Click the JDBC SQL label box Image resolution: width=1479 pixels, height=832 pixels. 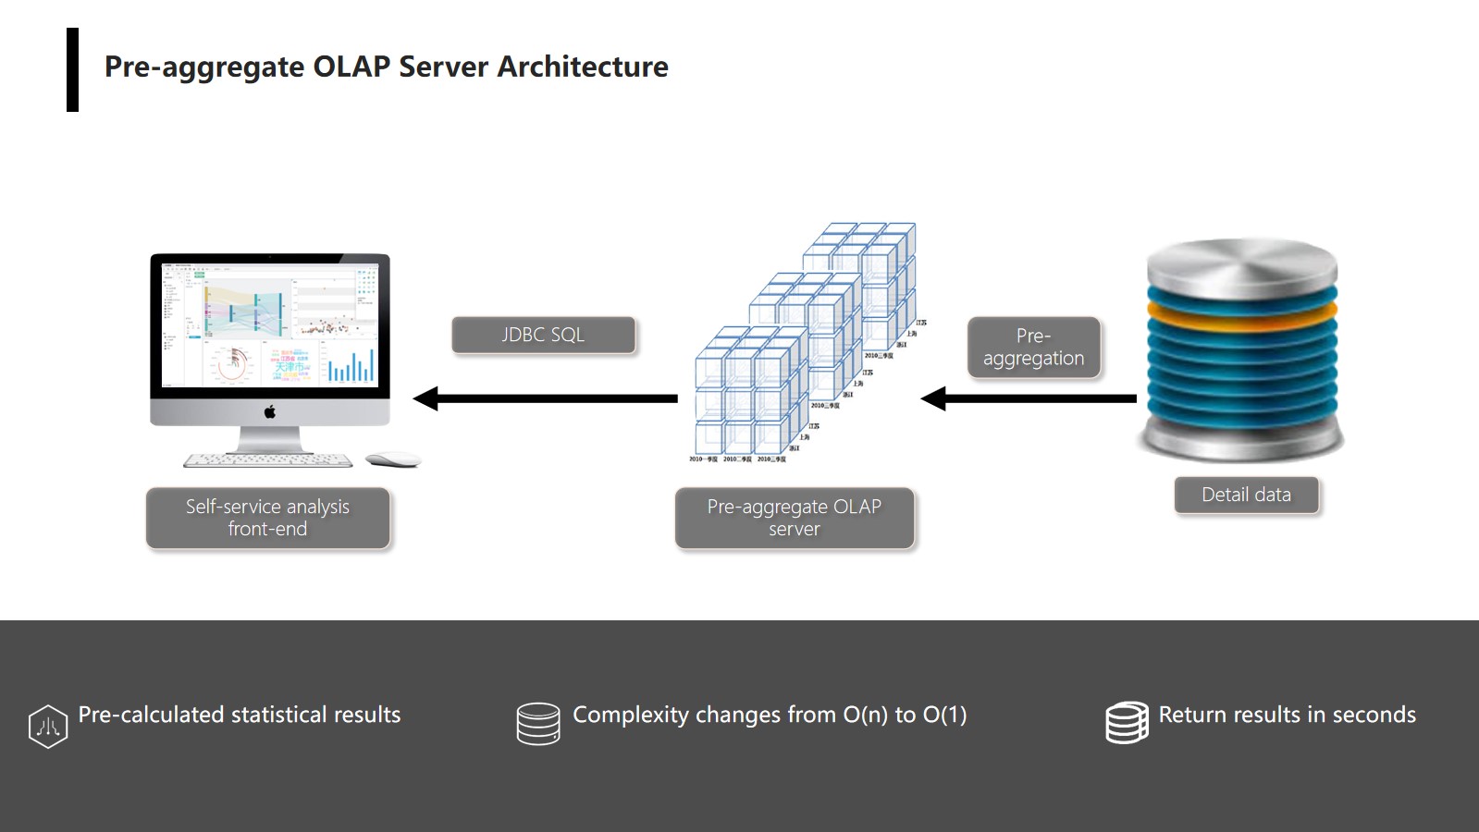[543, 335]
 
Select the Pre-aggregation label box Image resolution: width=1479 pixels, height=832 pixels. [1033, 347]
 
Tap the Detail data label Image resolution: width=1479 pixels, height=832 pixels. [1246, 495]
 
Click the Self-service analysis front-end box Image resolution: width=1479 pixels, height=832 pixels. [267, 518]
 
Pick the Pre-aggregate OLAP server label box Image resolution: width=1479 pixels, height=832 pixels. [794, 518]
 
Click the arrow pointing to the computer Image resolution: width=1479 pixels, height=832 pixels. [546, 398]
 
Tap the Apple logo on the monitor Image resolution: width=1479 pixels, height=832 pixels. [270, 411]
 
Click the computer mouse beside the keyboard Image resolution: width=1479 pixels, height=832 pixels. [392, 459]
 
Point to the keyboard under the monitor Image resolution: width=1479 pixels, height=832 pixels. [267, 459]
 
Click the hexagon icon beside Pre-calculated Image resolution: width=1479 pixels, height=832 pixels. [48, 726]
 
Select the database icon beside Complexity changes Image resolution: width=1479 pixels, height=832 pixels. [538, 723]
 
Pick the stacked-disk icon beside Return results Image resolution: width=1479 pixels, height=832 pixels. [1127, 722]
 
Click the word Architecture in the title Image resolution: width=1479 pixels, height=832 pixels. [583, 67]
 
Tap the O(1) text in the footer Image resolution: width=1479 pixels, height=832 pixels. [944, 715]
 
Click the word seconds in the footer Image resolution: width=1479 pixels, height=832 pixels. [1374, 715]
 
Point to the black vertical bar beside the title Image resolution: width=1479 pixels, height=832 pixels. [72, 69]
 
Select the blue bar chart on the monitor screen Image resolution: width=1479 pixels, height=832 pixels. [351, 366]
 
